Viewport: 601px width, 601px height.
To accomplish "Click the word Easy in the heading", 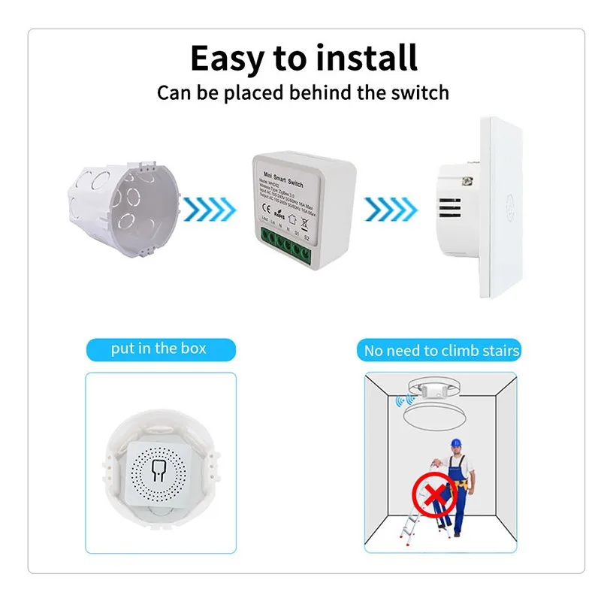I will [227, 58].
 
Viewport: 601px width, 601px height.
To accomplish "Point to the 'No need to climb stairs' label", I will [442, 351].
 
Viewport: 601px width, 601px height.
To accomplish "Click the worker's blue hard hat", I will [455, 442].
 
